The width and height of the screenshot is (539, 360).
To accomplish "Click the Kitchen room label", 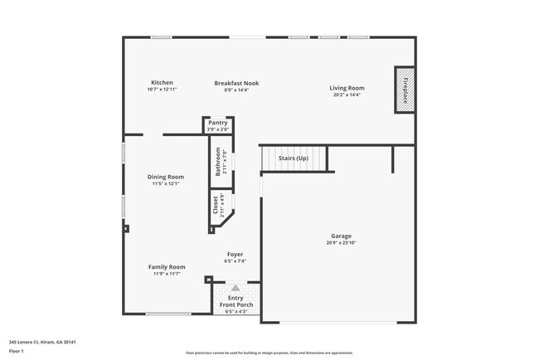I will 162,82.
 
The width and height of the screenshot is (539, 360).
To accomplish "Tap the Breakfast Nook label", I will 236,83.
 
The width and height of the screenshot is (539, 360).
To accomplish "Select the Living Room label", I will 347,88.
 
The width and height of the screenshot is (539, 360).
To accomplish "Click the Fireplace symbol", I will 405,89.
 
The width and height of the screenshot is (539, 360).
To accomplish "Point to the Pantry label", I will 217,123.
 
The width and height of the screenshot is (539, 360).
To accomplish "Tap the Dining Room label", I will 166,177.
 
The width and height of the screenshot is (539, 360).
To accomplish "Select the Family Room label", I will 166,266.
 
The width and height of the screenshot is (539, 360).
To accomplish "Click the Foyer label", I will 236,254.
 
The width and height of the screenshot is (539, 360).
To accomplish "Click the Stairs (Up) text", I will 294,158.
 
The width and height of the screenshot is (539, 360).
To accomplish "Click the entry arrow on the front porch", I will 235,288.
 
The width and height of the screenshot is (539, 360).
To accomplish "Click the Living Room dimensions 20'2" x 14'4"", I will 347,95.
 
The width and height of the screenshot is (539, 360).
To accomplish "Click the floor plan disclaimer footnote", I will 269,352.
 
